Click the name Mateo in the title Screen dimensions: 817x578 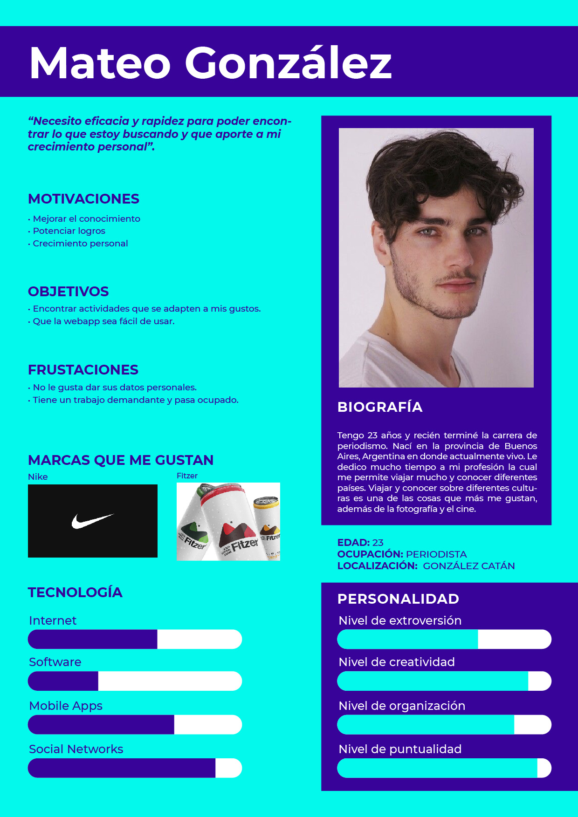pyautogui.click(x=100, y=63)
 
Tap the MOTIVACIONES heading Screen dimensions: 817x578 pyautogui.click(x=83, y=199)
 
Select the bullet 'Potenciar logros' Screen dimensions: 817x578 pyautogui.click(x=69, y=231)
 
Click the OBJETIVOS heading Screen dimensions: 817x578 pyautogui.click(x=68, y=292)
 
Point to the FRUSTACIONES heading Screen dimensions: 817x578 pyautogui.click(x=83, y=370)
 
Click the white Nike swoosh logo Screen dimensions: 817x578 pyautogui.click(x=92, y=521)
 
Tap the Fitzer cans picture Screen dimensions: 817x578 pyautogui.click(x=228, y=522)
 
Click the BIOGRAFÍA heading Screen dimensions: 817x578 pyautogui.click(x=380, y=407)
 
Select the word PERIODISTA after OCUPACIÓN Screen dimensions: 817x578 pyautogui.click(x=436, y=554)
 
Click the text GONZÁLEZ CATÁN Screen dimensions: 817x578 pyautogui.click(x=469, y=566)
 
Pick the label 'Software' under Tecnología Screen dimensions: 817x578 pyautogui.click(x=55, y=662)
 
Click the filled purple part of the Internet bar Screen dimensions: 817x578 pyautogui.click(x=92, y=639)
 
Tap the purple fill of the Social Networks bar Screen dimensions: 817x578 pyautogui.click(x=121, y=768)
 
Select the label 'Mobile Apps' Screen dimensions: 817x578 pyautogui.click(x=66, y=706)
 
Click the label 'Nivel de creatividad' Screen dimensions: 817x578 pyautogui.click(x=397, y=662)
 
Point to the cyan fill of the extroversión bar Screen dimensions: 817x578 pyautogui.click(x=407, y=639)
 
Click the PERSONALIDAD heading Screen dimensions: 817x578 pyautogui.click(x=398, y=599)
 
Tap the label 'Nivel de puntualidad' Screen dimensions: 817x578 pyautogui.click(x=400, y=749)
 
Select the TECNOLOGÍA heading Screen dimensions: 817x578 pyautogui.click(x=75, y=592)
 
